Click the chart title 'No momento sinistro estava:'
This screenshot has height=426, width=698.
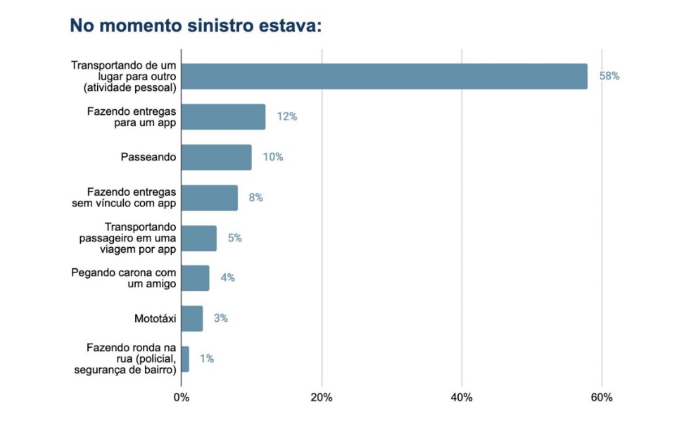(x=196, y=26)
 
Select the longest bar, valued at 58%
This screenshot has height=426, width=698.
(x=384, y=76)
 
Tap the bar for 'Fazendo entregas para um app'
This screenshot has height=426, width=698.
(x=223, y=117)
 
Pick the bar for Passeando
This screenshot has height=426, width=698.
(x=216, y=157)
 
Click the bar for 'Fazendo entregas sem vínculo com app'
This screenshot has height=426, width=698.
(x=209, y=198)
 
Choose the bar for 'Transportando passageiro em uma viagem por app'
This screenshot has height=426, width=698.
(x=198, y=238)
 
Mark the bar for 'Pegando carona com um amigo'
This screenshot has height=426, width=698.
(x=195, y=278)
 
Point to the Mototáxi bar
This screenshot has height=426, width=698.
(x=191, y=318)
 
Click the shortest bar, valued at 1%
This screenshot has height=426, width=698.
(x=185, y=359)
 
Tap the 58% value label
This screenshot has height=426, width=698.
(x=609, y=76)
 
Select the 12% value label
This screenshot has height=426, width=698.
(x=286, y=117)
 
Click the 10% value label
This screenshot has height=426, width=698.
(x=273, y=157)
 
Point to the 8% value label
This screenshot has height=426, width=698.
(x=255, y=198)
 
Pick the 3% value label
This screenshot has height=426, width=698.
(x=220, y=318)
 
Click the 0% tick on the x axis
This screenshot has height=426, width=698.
(x=182, y=398)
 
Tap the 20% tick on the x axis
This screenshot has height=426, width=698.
(x=322, y=398)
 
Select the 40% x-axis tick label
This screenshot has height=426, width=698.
(x=462, y=398)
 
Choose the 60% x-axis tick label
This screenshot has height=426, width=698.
(x=602, y=398)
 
